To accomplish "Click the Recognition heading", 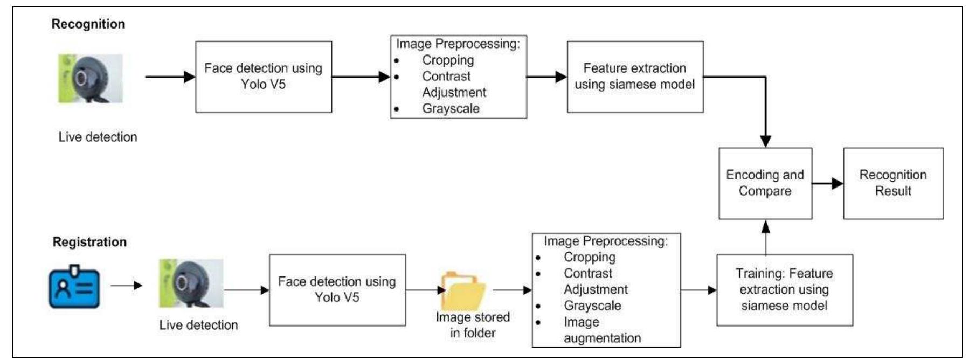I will [x=88, y=24].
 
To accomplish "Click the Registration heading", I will [x=89, y=242].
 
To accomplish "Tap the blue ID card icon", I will [x=74, y=286].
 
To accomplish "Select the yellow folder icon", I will [x=462, y=290].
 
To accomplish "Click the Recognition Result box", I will [x=893, y=183].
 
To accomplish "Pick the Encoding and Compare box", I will [x=765, y=183].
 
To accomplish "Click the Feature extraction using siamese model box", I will [x=635, y=77].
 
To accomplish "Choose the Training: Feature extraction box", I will [x=784, y=290].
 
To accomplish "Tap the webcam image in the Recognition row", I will [x=91, y=79].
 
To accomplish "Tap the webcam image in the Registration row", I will [x=191, y=283].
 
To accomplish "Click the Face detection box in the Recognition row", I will [x=263, y=77].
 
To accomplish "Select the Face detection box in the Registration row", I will [x=337, y=290].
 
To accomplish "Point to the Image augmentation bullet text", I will [x=601, y=330].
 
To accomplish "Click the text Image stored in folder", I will [x=473, y=325].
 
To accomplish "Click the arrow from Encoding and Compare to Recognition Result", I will [x=827, y=184].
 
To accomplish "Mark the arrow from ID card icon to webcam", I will [x=127, y=286].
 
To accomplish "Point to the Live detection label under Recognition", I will [x=98, y=137].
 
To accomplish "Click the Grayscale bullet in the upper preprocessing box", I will [x=451, y=108].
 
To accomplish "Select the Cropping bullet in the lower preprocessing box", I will [x=589, y=257].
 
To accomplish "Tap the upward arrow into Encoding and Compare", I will [x=765, y=237].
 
